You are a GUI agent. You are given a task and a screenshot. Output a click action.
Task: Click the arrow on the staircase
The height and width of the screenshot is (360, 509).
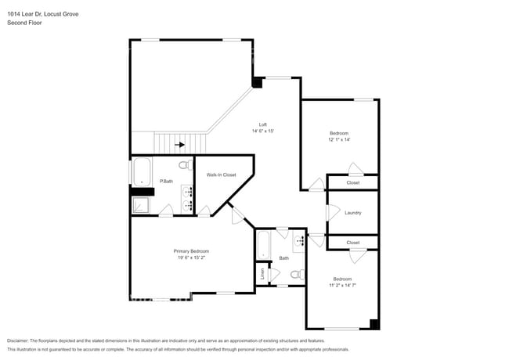[181, 144]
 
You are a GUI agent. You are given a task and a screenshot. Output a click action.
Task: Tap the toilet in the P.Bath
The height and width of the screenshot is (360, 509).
[184, 166]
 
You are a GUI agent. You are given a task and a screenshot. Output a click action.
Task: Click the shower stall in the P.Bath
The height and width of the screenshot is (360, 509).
[139, 205]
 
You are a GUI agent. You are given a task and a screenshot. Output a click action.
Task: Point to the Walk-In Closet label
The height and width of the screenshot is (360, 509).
[221, 175]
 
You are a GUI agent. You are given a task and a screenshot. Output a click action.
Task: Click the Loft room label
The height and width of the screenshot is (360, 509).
[264, 124]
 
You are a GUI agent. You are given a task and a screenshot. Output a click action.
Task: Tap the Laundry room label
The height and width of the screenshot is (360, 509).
[352, 212]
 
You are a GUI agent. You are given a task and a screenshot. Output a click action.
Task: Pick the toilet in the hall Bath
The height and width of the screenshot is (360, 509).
[297, 275]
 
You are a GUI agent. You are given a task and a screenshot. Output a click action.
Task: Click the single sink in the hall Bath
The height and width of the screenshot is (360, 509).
[301, 241]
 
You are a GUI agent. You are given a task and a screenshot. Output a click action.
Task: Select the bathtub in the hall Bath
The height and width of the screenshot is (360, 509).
[264, 247]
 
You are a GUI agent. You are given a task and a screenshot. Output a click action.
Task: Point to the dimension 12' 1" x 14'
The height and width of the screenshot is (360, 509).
[338, 139]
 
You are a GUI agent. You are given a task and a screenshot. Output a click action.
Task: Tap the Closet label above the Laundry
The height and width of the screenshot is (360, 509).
[353, 182]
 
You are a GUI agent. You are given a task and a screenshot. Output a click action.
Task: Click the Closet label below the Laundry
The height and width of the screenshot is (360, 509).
[353, 243]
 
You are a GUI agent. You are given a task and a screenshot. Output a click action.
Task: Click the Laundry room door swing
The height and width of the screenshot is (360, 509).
[332, 212]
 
